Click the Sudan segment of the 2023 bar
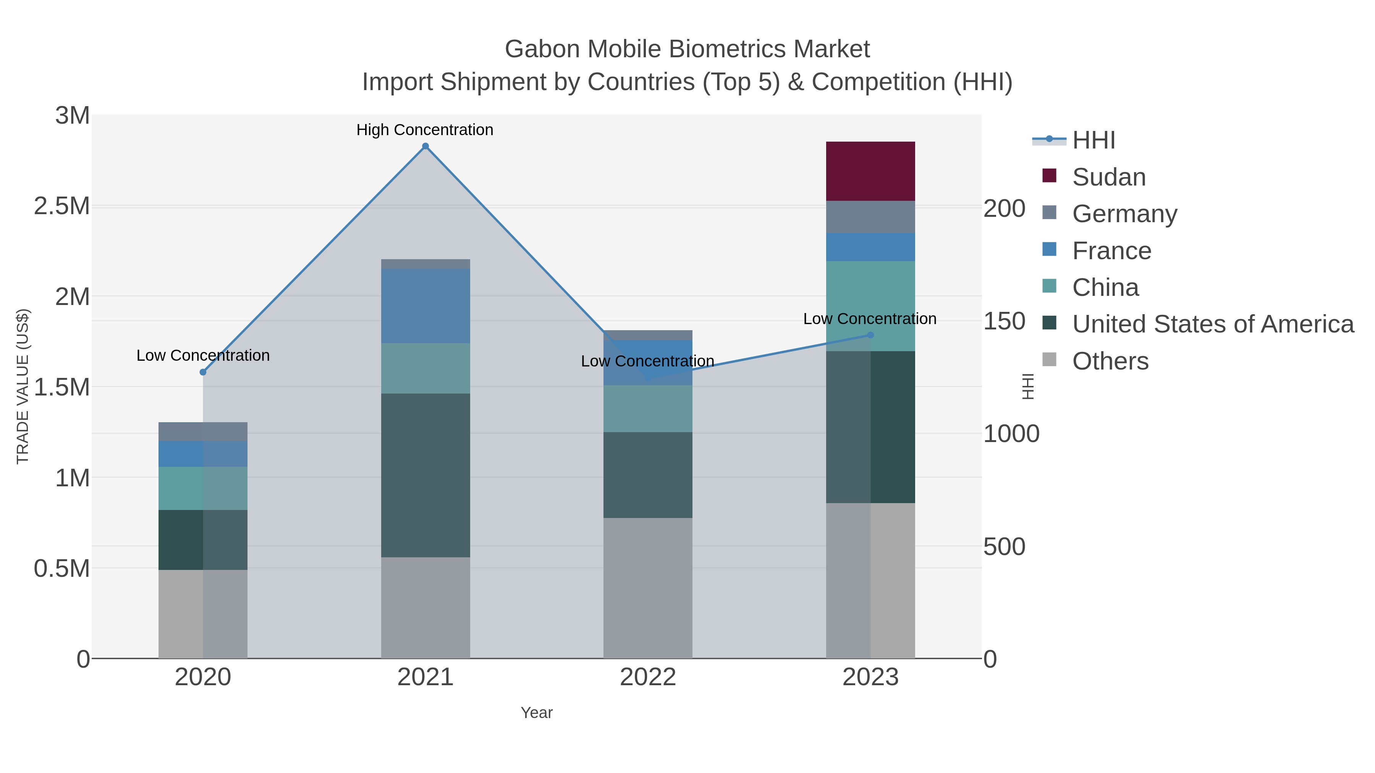pyautogui.click(x=870, y=171)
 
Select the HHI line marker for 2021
pyautogui.click(x=425, y=146)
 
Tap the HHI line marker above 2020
pyautogui.click(x=203, y=372)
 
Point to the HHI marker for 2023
pyautogui.click(x=870, y=335)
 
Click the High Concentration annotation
pyautogui.click(x=424, y=130)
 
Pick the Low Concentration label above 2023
pyautogui.click(x=870, y=318)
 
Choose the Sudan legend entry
pyautogui.click(x=1109, y=177)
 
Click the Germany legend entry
pyautogui.click(x=1124, y=213)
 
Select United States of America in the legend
pyautogui.click(x=1213, y=324)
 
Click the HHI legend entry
pyautogui.click(x=1093, y=140)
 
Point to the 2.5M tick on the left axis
pyautogui.click(x=62, y=206)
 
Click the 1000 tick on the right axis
pyautogui.click(x=1011, y=434)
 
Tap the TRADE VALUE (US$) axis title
pyautogui.click(x=23, y=386)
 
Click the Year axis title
pyautogui.click(x=537, y=713)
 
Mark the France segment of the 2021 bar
pyautogui.click(x=425, y=306)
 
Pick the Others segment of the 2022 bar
pyautogui.click(x=647, y=588)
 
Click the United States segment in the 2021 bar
pyautogui.click(x=425, y=475)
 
